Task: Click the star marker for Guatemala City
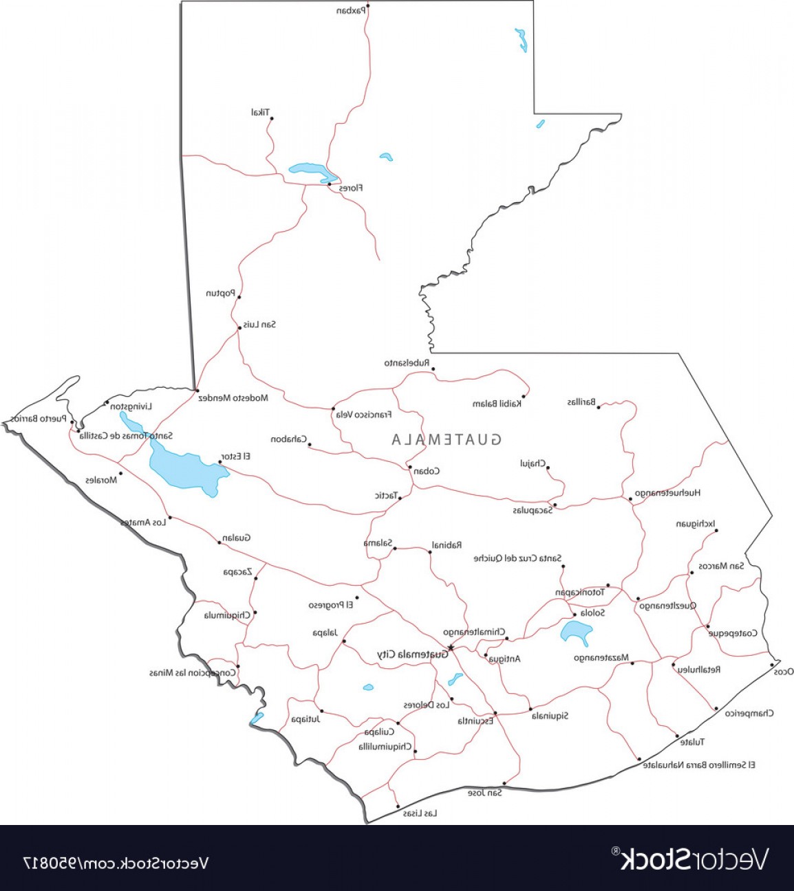451,648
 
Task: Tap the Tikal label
261,112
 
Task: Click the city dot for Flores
330,184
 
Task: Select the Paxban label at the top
351,10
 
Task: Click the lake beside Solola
575,632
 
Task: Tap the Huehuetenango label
667,493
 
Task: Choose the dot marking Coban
410,467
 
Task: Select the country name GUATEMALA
447,439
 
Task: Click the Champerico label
749,713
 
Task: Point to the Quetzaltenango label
668,606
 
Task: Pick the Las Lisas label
420,813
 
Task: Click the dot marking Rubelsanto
433,369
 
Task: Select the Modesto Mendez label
233,398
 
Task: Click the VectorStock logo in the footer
693,859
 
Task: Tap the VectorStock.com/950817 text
116,862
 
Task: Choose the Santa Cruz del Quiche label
517,558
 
